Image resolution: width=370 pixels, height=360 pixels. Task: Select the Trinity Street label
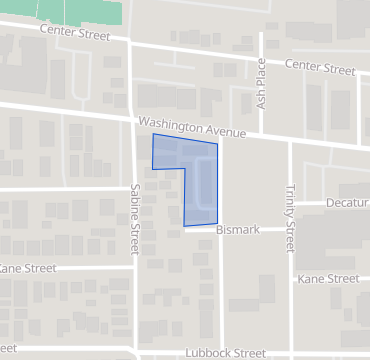click(290, 216)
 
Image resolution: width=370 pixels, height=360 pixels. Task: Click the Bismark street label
click(238, 229)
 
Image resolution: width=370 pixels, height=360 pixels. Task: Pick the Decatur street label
click(347, 203)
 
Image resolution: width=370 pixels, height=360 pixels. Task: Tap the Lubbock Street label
click(225, 353)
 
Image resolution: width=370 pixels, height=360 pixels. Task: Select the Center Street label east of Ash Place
click(320, 69)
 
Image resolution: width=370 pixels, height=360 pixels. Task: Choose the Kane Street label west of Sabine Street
click(28, 268)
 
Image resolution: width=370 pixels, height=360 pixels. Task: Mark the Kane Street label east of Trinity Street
click(328, 278)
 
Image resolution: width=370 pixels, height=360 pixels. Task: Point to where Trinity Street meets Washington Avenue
click(290, 140)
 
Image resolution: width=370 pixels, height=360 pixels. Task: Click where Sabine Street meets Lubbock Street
click(135, 353)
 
